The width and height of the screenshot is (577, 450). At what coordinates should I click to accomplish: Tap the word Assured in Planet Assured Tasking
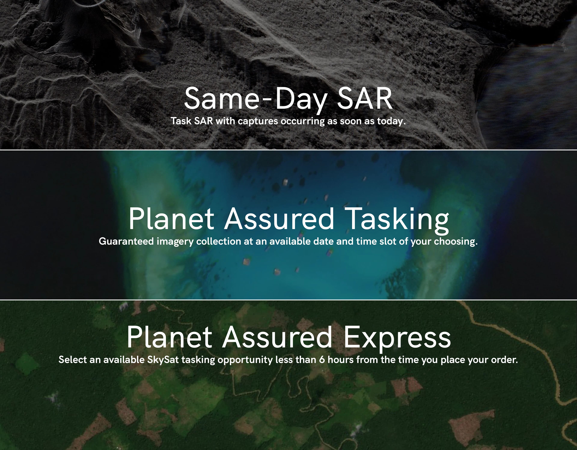(x=279, y=219)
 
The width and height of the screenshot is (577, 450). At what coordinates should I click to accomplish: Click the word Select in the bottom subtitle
(x=73, y=360)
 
